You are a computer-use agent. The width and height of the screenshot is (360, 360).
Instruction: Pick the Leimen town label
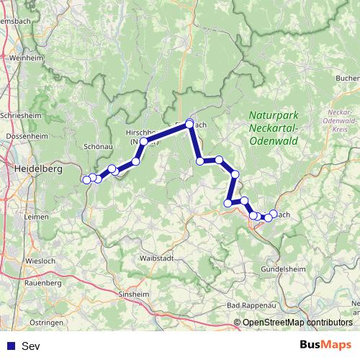click(36, 215)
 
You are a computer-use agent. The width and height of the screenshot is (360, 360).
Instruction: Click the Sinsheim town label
click(136, 294)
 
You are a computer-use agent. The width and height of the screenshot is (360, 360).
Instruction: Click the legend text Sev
click(31, 346)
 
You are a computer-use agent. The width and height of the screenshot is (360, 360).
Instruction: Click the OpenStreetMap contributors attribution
click(297, 323)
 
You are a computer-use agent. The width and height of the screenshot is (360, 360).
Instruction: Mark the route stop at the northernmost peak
click(190, 124)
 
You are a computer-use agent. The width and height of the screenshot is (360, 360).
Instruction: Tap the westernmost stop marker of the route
click(87, 179)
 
